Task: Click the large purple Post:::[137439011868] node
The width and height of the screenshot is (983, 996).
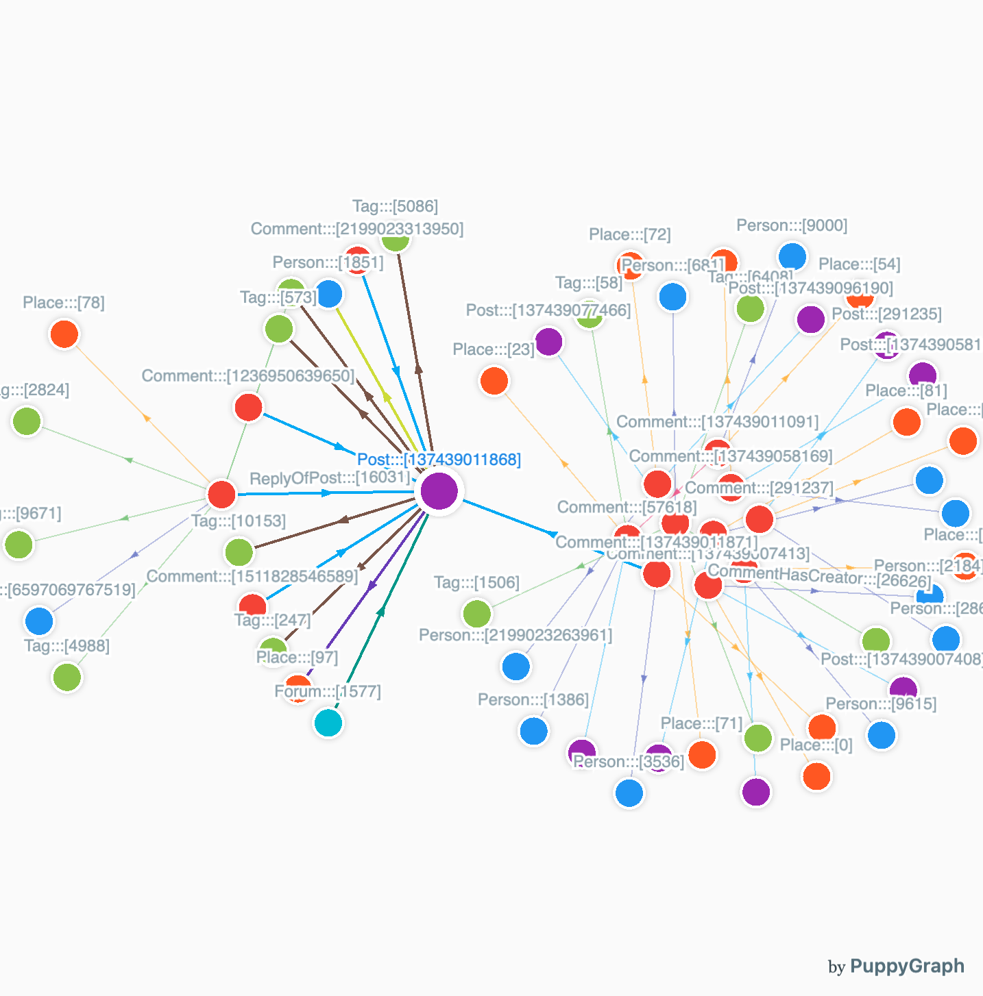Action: coord(439,490)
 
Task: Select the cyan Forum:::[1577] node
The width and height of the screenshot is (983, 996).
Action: coord(328,723)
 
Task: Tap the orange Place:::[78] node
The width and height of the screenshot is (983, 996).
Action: coord(64,334)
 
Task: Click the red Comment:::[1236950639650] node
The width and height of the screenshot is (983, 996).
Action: coord(248,408)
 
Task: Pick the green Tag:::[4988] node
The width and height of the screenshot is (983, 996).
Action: coord(67,677)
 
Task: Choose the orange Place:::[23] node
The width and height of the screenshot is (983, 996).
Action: coord(494,381)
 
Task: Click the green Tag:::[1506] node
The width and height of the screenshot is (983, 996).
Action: coord(477,613)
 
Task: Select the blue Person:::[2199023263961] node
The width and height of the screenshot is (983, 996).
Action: coord(516,666)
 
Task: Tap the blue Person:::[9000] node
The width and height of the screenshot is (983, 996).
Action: coord(792,256)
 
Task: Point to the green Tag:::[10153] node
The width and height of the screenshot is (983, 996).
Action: coord(239,551)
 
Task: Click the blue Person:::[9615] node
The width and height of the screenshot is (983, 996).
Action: coord(882,735)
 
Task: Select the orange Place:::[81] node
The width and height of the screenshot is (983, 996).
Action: coord(907,422)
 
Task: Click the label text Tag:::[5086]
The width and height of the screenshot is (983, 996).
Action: coord(395,206)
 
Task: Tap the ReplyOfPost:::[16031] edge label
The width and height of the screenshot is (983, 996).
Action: coord(330,477)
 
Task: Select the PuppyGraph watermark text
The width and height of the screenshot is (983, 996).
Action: coord(906,967)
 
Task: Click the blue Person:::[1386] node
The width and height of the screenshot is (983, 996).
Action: coord(534,731)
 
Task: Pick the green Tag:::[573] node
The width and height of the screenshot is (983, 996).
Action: coord(279,329)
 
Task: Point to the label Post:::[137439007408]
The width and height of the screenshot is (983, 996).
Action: coord(901,659)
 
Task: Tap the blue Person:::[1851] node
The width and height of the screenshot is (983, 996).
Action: coord(330,294)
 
